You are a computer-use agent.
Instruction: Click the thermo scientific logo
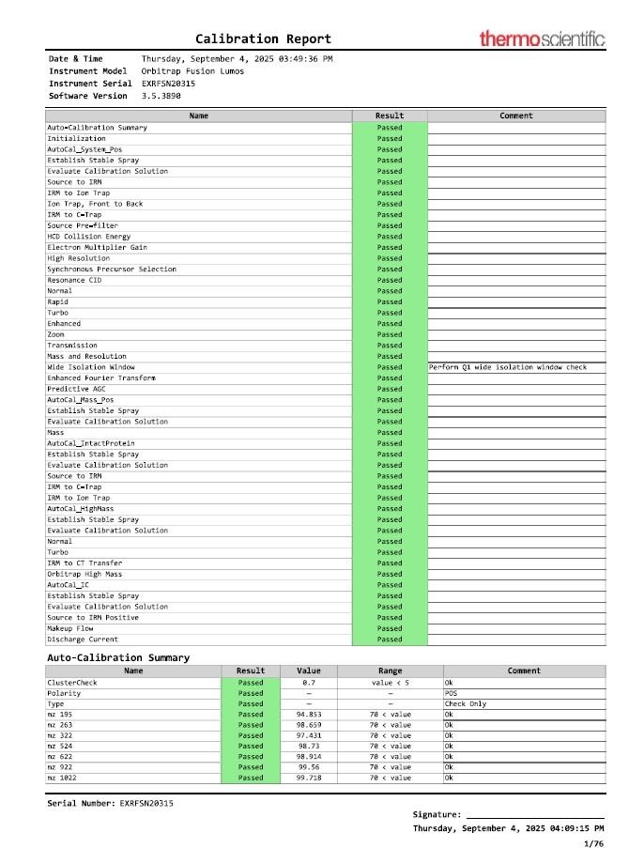coord(542,39)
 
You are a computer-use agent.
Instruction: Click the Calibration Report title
coord(263,39)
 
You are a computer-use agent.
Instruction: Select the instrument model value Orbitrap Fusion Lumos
coord(192,70)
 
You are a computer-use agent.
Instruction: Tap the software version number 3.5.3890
coord(161,95)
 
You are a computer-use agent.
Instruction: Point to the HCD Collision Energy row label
coord(89,237)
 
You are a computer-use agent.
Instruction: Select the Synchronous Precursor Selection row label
coord(111,270)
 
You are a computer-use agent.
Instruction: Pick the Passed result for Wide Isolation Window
coord(390,367)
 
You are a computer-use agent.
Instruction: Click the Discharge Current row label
coord(83,640)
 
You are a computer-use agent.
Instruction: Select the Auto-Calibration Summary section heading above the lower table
coord(118,657)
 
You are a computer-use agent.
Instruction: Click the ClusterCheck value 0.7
coord(308,682)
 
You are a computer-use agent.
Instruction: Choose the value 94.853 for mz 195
coord(308,715)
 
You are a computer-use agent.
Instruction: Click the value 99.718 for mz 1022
coord(308,778)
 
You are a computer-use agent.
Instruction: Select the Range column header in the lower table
coord(390,671)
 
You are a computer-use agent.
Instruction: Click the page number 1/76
coord(593,843)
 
